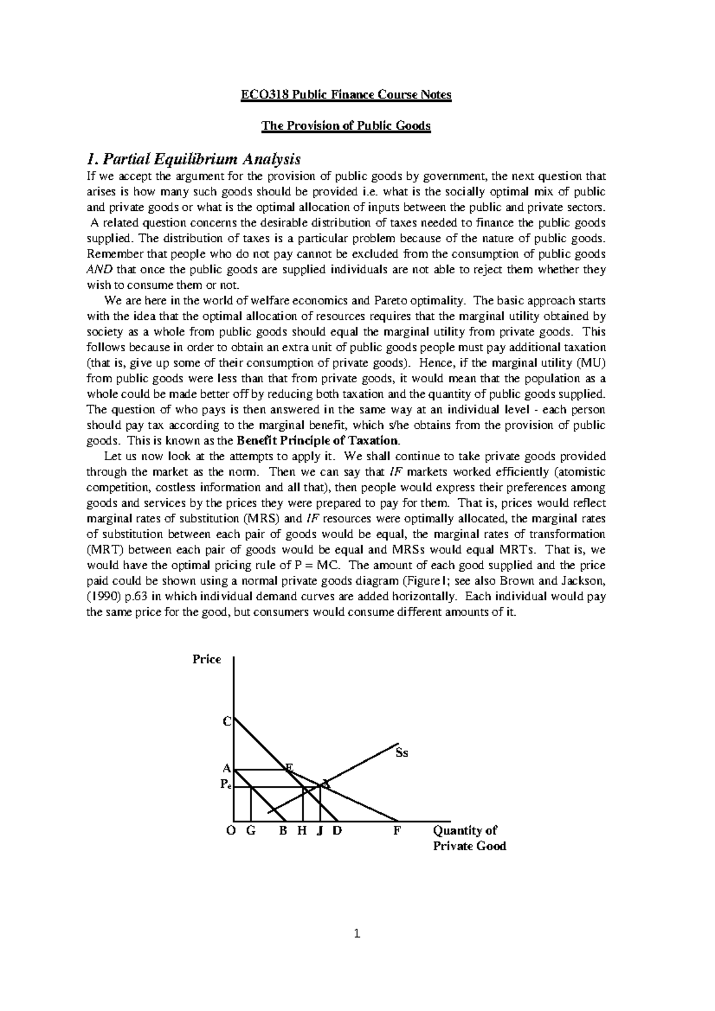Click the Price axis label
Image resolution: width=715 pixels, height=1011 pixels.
pos(207,659)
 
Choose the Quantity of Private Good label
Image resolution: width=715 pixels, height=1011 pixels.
pos(469,838)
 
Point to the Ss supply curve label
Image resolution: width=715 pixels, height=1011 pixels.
pos(402,753)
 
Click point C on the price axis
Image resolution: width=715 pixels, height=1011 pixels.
pos(226,722)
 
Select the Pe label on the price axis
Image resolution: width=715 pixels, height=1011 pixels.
pos(225,785)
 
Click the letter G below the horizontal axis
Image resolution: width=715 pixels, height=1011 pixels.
pos(250,831)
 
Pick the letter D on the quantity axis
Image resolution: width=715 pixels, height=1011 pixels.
pos(337,831)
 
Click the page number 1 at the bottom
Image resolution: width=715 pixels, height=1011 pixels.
pos(357,934)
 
